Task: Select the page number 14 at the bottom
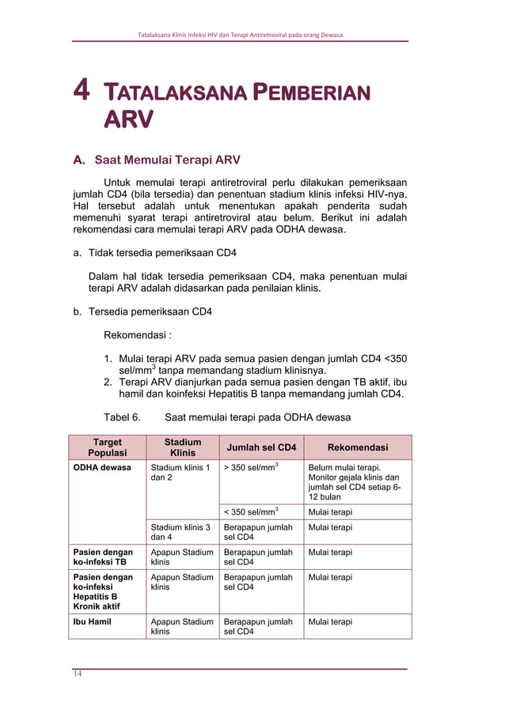point(78,673)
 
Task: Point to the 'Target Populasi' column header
point(107,447)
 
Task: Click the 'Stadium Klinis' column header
point(182,447)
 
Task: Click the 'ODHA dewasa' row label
point(102,468)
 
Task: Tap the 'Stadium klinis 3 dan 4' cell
point(180,532)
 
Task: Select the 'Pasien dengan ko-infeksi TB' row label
point(103,557)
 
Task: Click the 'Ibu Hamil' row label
point(92,622)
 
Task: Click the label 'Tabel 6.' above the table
point(122,417)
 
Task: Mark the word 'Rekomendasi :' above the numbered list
point(138,334)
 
